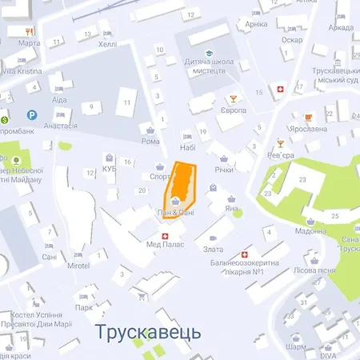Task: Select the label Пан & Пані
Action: [174, 213]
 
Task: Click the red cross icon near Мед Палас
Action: [166, 236]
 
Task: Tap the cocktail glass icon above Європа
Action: [232, 99]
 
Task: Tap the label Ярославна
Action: [310, 128]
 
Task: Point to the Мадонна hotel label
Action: [310, 231]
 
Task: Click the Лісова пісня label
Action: [315, 271]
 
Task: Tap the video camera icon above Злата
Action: [212, 238]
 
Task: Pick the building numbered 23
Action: [302, 180]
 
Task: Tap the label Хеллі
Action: [107, 45]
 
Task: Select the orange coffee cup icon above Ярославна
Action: [308, 116]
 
